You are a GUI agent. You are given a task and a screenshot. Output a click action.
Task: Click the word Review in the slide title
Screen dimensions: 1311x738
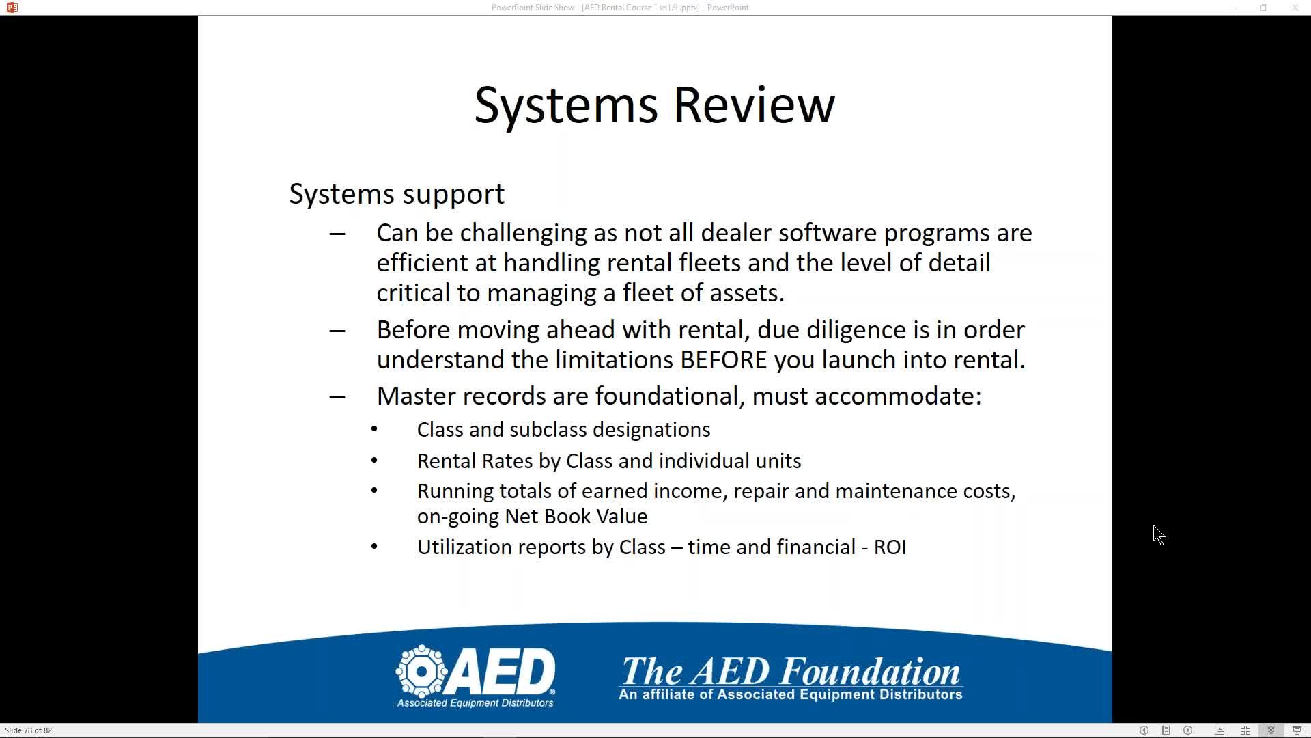click(754, 105)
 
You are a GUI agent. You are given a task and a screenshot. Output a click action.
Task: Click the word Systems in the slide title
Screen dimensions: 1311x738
click(566, 107)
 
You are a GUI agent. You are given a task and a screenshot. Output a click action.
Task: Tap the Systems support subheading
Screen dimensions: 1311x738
click(397, 195)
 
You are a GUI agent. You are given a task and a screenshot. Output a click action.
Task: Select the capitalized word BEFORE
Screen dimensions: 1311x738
click(724, 360)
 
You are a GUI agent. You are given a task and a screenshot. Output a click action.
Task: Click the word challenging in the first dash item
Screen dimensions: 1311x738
click(523, 234)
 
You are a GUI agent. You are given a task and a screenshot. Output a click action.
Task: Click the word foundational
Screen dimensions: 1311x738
click(667, 396)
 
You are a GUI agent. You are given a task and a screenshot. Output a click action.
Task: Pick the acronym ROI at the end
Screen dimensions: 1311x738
click(890, 547)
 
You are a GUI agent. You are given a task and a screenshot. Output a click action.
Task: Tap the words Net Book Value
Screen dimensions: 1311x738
click(576, 517)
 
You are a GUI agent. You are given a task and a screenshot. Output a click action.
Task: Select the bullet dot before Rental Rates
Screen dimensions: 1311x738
click(374, 461)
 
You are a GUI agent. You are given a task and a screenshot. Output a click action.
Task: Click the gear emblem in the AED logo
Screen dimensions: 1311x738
click(422, 671)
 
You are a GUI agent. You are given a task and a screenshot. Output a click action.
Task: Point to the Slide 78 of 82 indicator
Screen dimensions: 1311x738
click(29, 730)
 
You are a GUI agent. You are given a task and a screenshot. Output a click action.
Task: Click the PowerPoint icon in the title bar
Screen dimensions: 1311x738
click(12, 8)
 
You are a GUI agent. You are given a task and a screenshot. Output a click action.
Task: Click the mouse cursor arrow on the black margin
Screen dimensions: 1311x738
click(1159, 535)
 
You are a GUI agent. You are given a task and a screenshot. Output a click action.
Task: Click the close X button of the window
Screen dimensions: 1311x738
click(1295, 8)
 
